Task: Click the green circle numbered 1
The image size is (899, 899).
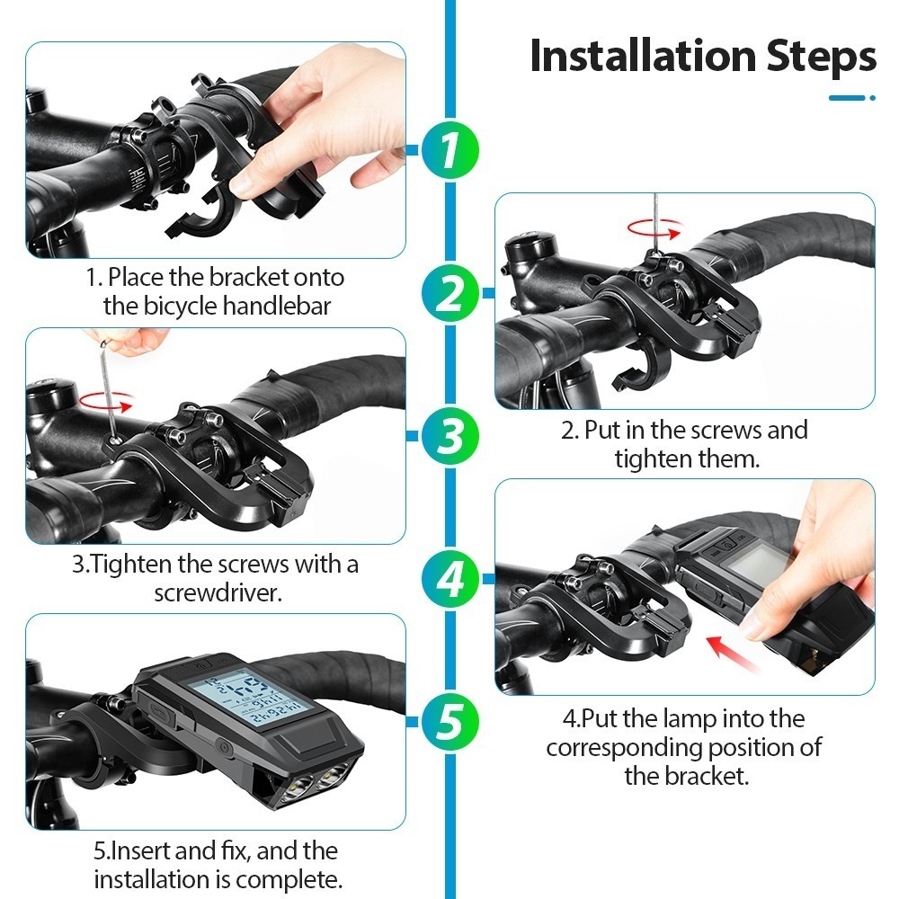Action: [450, 150]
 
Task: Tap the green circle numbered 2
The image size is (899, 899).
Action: [450, 293]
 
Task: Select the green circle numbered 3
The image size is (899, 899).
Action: [450, 436]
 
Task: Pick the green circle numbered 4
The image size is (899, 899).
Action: [450, 578]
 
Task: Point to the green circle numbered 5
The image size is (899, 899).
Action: [450, 721]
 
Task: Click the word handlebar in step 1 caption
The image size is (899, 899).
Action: [276, 306]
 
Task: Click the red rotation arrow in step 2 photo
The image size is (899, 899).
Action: [654, 228]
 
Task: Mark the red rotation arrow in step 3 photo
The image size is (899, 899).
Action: [106, 401]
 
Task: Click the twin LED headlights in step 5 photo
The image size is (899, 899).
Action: [316, 780]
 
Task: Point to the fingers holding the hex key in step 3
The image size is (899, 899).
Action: [129, 341]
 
